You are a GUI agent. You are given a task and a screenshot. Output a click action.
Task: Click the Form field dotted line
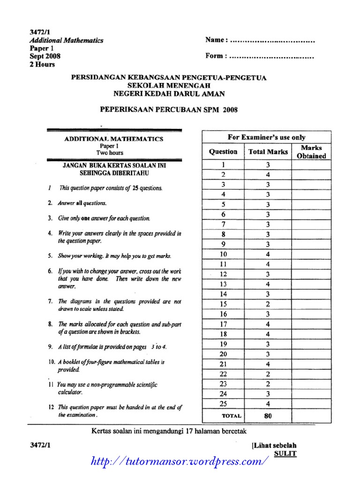click(272, 57)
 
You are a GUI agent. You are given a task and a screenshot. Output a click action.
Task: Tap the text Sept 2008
click(45, 56)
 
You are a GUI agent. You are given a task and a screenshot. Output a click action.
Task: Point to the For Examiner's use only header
click(266, 137)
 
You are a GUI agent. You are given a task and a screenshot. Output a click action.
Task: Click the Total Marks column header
click(268, 152)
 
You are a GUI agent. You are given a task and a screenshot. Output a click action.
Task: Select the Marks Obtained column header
click(311, 152)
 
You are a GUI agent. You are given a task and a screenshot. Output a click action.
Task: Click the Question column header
click(223, 152)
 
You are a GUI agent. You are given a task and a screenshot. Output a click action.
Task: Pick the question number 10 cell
click(223, 254)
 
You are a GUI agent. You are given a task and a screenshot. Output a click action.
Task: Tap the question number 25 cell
click(223, 404)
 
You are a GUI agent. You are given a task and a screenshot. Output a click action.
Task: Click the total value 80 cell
click(268, 415)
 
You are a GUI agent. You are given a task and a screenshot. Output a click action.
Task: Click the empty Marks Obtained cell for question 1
click(311, 165)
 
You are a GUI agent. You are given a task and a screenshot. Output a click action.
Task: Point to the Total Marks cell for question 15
click(268, 304)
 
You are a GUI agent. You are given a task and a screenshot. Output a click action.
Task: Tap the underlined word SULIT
click(285, 453)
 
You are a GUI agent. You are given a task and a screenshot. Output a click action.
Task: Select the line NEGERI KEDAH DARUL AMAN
click(169, 94)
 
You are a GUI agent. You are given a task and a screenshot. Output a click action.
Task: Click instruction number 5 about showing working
click(115, 256)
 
